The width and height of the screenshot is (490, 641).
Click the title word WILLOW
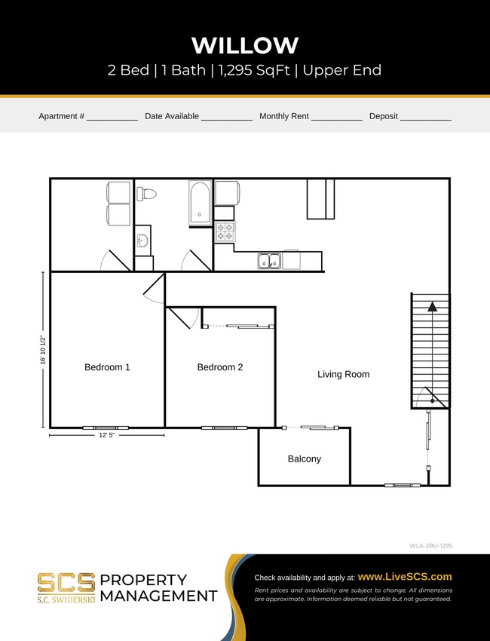[x=245, y=45]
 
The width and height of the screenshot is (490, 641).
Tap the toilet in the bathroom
[x=146, y=194]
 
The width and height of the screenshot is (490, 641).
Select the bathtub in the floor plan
[x=200, y=203]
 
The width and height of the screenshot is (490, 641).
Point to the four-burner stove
[x=225, y=232]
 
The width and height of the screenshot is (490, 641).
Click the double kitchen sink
[x=269, y=261]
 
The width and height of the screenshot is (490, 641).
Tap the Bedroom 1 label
[x=107, y=367]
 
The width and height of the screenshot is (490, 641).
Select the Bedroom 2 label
[x=220, y=367]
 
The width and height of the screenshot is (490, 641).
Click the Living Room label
[x=343, y=374]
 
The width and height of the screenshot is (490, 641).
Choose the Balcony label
[x=304, y=459]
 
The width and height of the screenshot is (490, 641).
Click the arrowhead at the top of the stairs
[x=433, y=307]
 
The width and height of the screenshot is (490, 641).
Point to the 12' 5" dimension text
[x=107, y=435]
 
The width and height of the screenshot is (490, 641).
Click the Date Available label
[x=172, y=116]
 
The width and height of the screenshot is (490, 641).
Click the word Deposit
[x=383, y=116]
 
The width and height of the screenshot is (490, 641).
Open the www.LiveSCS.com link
[x=405, y=576]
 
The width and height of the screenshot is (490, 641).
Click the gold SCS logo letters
[x=66, y=582]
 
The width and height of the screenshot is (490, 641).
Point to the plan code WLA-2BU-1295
[x=430, y=544]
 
